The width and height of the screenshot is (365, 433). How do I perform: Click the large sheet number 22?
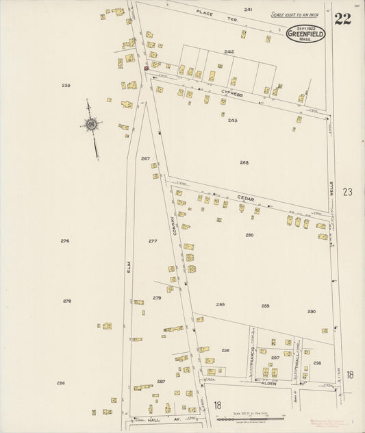point(342,18)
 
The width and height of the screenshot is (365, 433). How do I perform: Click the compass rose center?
point(90,124)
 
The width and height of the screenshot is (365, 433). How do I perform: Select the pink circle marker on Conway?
point(146,68)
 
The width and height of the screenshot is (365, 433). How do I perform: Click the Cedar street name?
point(245,199)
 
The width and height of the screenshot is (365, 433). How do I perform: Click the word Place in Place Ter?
point(205,13)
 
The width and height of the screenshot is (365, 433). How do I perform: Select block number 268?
point(244,162)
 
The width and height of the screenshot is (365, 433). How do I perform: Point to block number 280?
point(249,235)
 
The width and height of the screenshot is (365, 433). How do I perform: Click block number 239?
point(66,85)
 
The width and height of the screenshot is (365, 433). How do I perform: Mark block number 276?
point(65,240)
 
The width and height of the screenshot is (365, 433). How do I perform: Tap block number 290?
point(312,312)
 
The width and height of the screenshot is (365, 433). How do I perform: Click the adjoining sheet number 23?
point(348,193)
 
